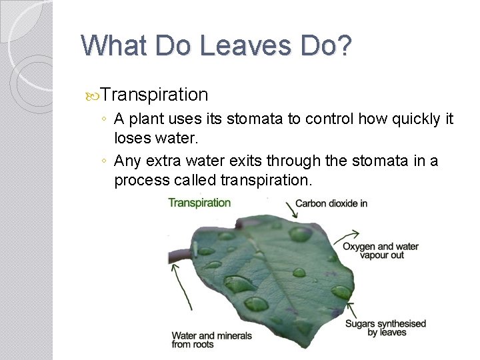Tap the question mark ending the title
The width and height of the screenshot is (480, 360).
pos(343,46)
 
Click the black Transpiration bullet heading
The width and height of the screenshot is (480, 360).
pos(155,95)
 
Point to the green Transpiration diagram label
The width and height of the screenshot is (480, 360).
pos(199,203)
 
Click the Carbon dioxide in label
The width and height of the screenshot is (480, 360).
pos(331,203)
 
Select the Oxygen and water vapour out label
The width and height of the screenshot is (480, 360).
pos(380,251)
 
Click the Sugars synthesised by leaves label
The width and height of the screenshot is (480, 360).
pos(385,328)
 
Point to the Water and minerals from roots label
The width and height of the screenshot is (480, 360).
pos(211,339)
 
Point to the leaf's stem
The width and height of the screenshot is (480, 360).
pos(179,255)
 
